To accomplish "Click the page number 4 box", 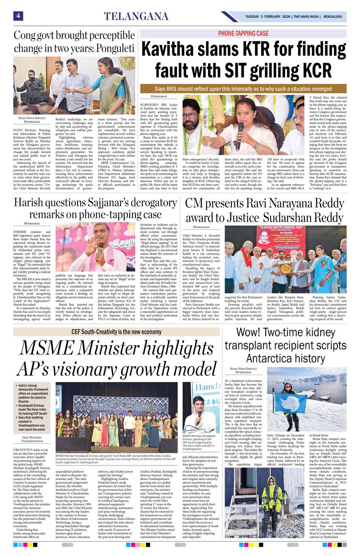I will click(x=18, y=16).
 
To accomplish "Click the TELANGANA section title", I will click(x=136, y=16).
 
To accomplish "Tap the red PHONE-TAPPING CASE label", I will click(x=243, y=33).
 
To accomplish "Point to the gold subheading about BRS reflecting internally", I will click(x=243, y=89).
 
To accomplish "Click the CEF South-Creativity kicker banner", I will click(x=116, y=332).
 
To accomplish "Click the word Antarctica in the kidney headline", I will click(x=286, y=358).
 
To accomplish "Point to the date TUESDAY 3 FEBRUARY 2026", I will click(x=267, y=17).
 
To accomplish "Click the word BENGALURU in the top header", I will click(x=332, y=17).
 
